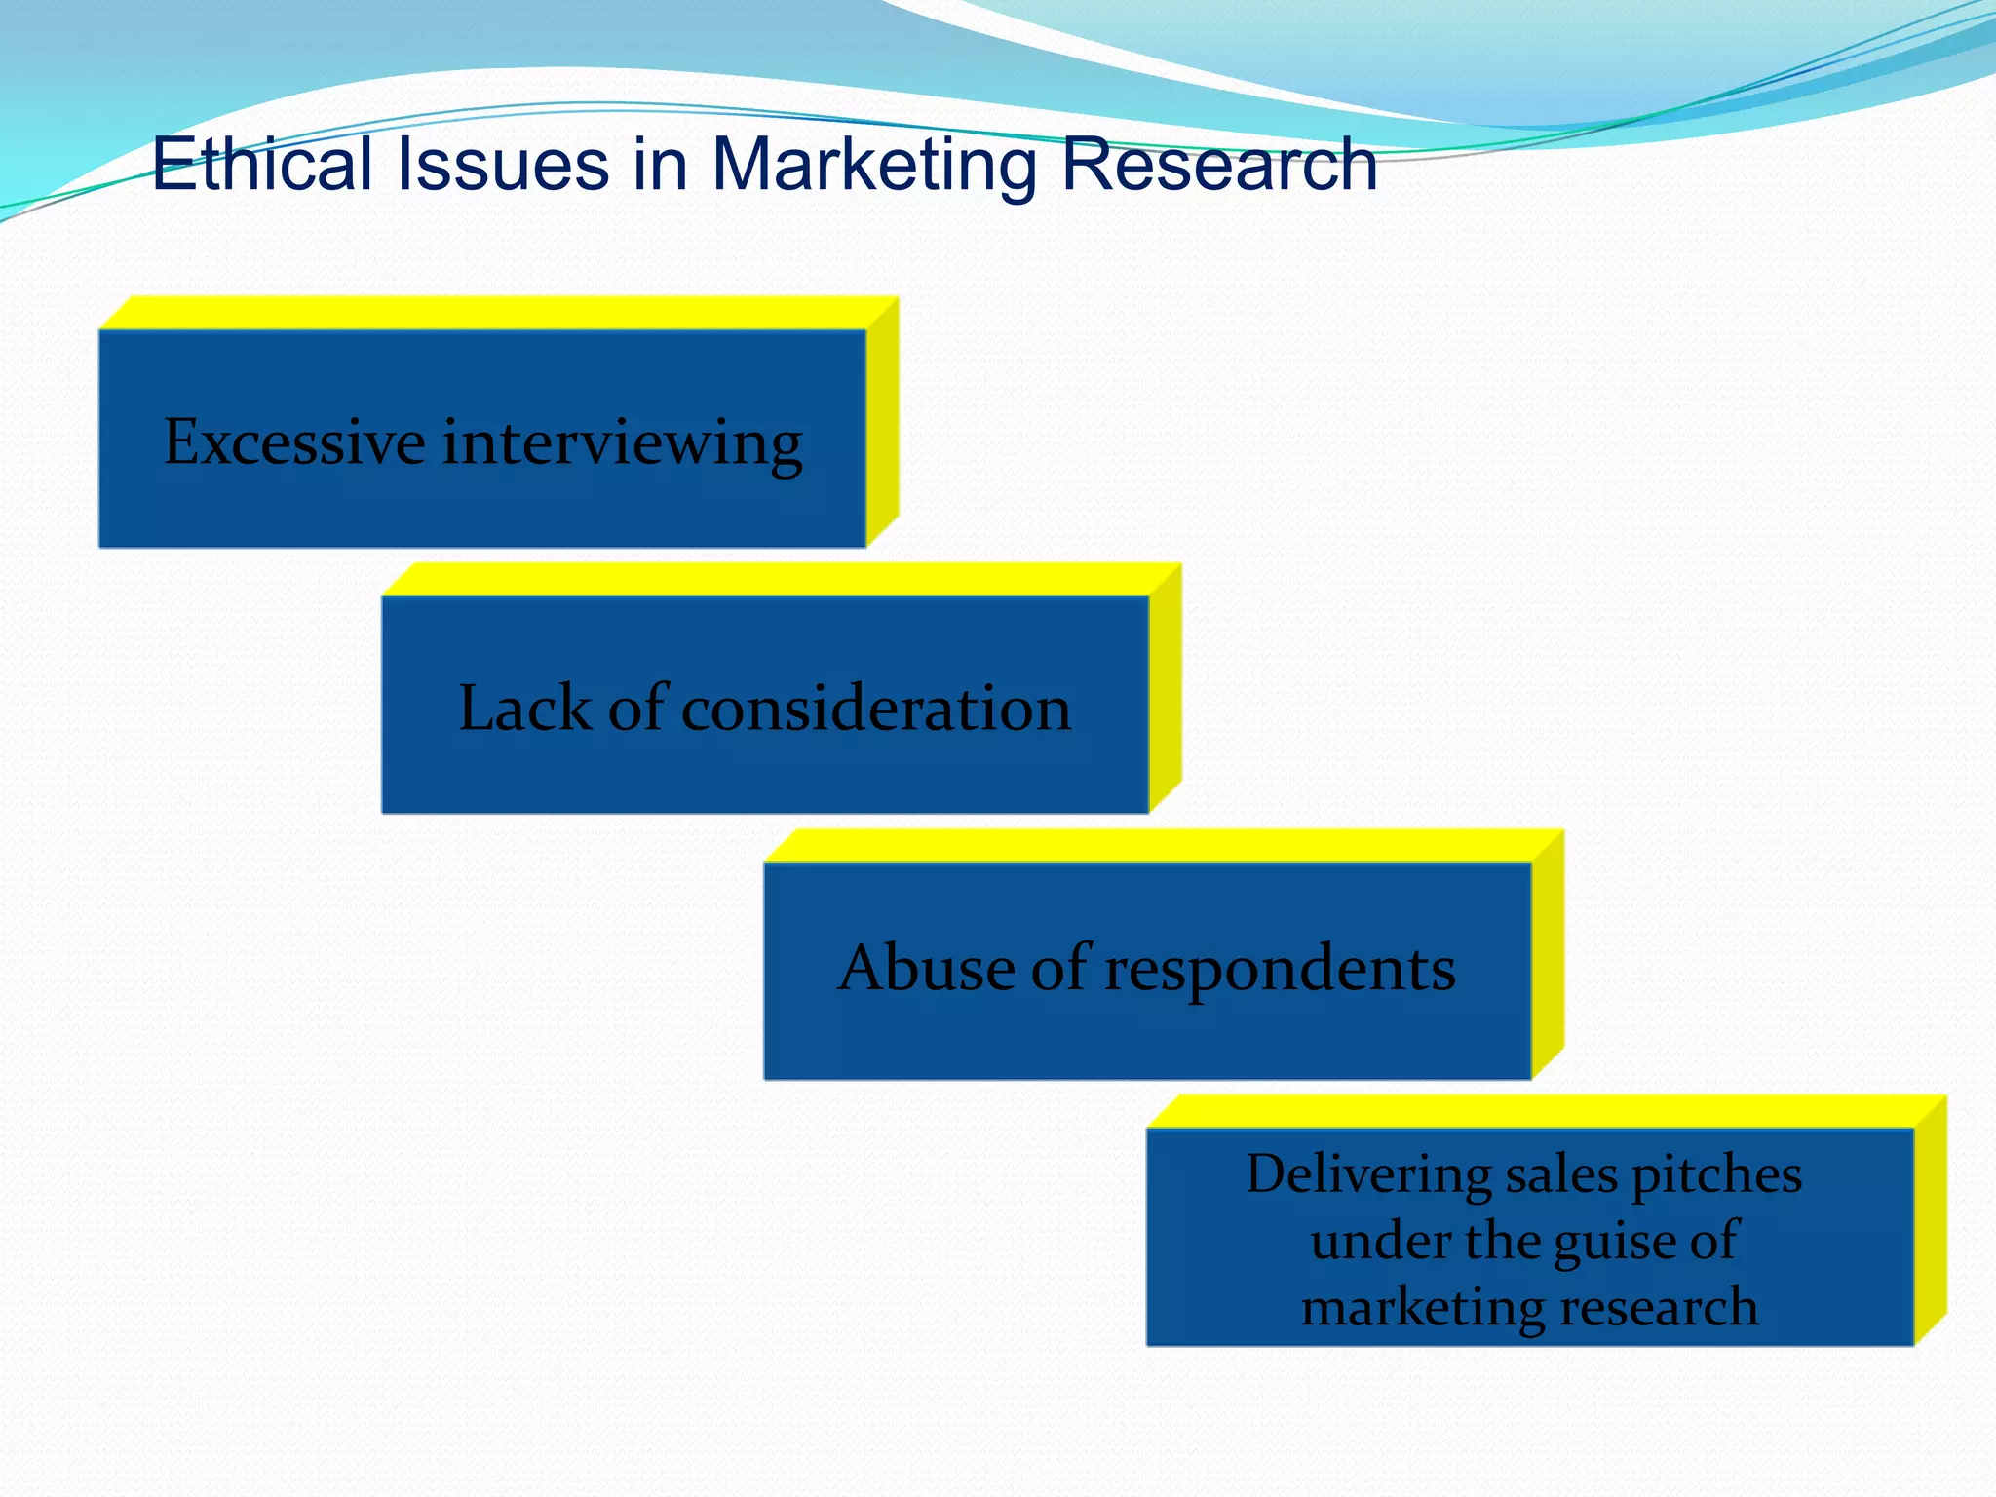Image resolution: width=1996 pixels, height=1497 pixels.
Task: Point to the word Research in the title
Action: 1218,164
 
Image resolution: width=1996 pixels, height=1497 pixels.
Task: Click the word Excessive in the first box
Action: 293,441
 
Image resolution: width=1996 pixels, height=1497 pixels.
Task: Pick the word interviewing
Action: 623,443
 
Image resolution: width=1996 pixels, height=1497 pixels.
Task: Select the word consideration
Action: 875,708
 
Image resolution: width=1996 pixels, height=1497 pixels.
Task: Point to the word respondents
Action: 1280,971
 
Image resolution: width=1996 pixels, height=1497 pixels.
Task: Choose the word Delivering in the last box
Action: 1368,1174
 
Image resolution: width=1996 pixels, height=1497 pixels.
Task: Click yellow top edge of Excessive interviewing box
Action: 497,313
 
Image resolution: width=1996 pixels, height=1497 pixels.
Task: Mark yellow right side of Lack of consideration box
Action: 1166,687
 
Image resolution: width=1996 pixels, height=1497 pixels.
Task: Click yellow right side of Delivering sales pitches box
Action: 1931,1218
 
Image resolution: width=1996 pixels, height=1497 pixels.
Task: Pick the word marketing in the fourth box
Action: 1422,1308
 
